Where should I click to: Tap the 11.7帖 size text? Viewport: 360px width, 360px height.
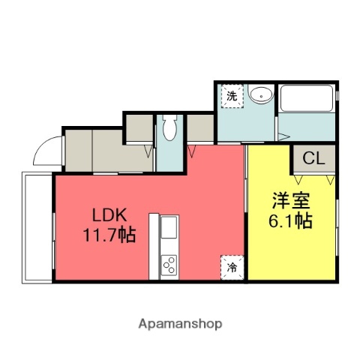coord(109,235)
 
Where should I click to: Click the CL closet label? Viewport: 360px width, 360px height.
coord(314,159)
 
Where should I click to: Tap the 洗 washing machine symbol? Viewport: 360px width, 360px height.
coord(232,96)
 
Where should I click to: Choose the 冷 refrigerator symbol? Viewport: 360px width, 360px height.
coord(232,266)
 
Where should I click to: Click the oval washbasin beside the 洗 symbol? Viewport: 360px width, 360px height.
coord(260,95)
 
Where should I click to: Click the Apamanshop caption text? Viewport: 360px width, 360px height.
coord(180,324)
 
